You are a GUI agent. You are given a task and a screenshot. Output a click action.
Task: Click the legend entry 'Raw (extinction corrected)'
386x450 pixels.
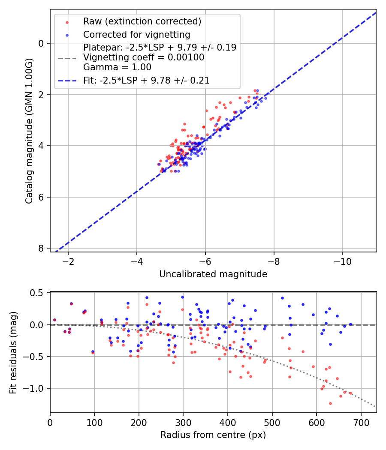pyautogui.click(x=142, y=21)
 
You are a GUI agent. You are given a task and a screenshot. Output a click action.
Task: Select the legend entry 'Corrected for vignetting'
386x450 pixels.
pyautogui.click(x=136, y=34)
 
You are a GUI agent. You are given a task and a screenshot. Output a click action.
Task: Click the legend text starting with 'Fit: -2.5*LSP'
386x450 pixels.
pyautogui.click(x=146, y=80)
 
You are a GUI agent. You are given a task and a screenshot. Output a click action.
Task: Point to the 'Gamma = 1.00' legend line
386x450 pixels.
pyautogui.click(x=117, y=67)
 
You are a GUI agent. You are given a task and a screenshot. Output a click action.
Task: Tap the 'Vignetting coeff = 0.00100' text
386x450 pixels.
pyautogui.click(x=144, y=57)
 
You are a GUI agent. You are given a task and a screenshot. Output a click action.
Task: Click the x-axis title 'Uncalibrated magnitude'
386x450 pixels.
pyautogui.click(x=213, y=274)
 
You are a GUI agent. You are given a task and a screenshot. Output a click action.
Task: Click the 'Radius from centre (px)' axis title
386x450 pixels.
pyautogui.click(x=213, y=435)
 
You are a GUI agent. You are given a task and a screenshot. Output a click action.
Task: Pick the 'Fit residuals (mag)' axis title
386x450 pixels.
pyautogui.click(x=13, y=352)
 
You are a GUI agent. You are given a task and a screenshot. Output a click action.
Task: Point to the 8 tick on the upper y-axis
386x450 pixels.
pyautogui.click(x=40, y=249)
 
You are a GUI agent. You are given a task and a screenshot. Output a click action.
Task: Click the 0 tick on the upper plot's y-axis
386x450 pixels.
pyautogui.click(x=40, y=43)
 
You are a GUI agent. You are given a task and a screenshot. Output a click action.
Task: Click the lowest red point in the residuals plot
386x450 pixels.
pyautogui.click(x=330, y=403)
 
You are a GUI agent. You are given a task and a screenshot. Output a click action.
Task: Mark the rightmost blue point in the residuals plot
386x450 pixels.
pyautogui.click(x=350, y=324)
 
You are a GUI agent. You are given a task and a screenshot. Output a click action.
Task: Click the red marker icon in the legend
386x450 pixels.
pyautogui.click(x=66, y=21)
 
